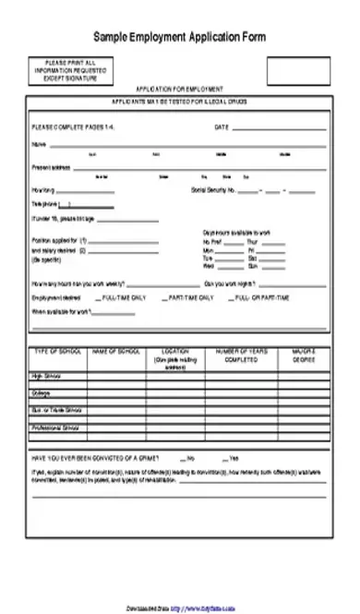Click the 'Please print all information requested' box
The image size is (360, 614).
64,68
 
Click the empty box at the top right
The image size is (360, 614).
297,69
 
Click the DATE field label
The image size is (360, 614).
222,126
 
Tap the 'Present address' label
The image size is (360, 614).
51,168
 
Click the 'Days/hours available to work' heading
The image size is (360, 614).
236,232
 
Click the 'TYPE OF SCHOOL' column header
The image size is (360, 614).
58,352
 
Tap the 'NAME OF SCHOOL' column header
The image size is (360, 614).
116,352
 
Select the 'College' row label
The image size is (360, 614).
42,391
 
